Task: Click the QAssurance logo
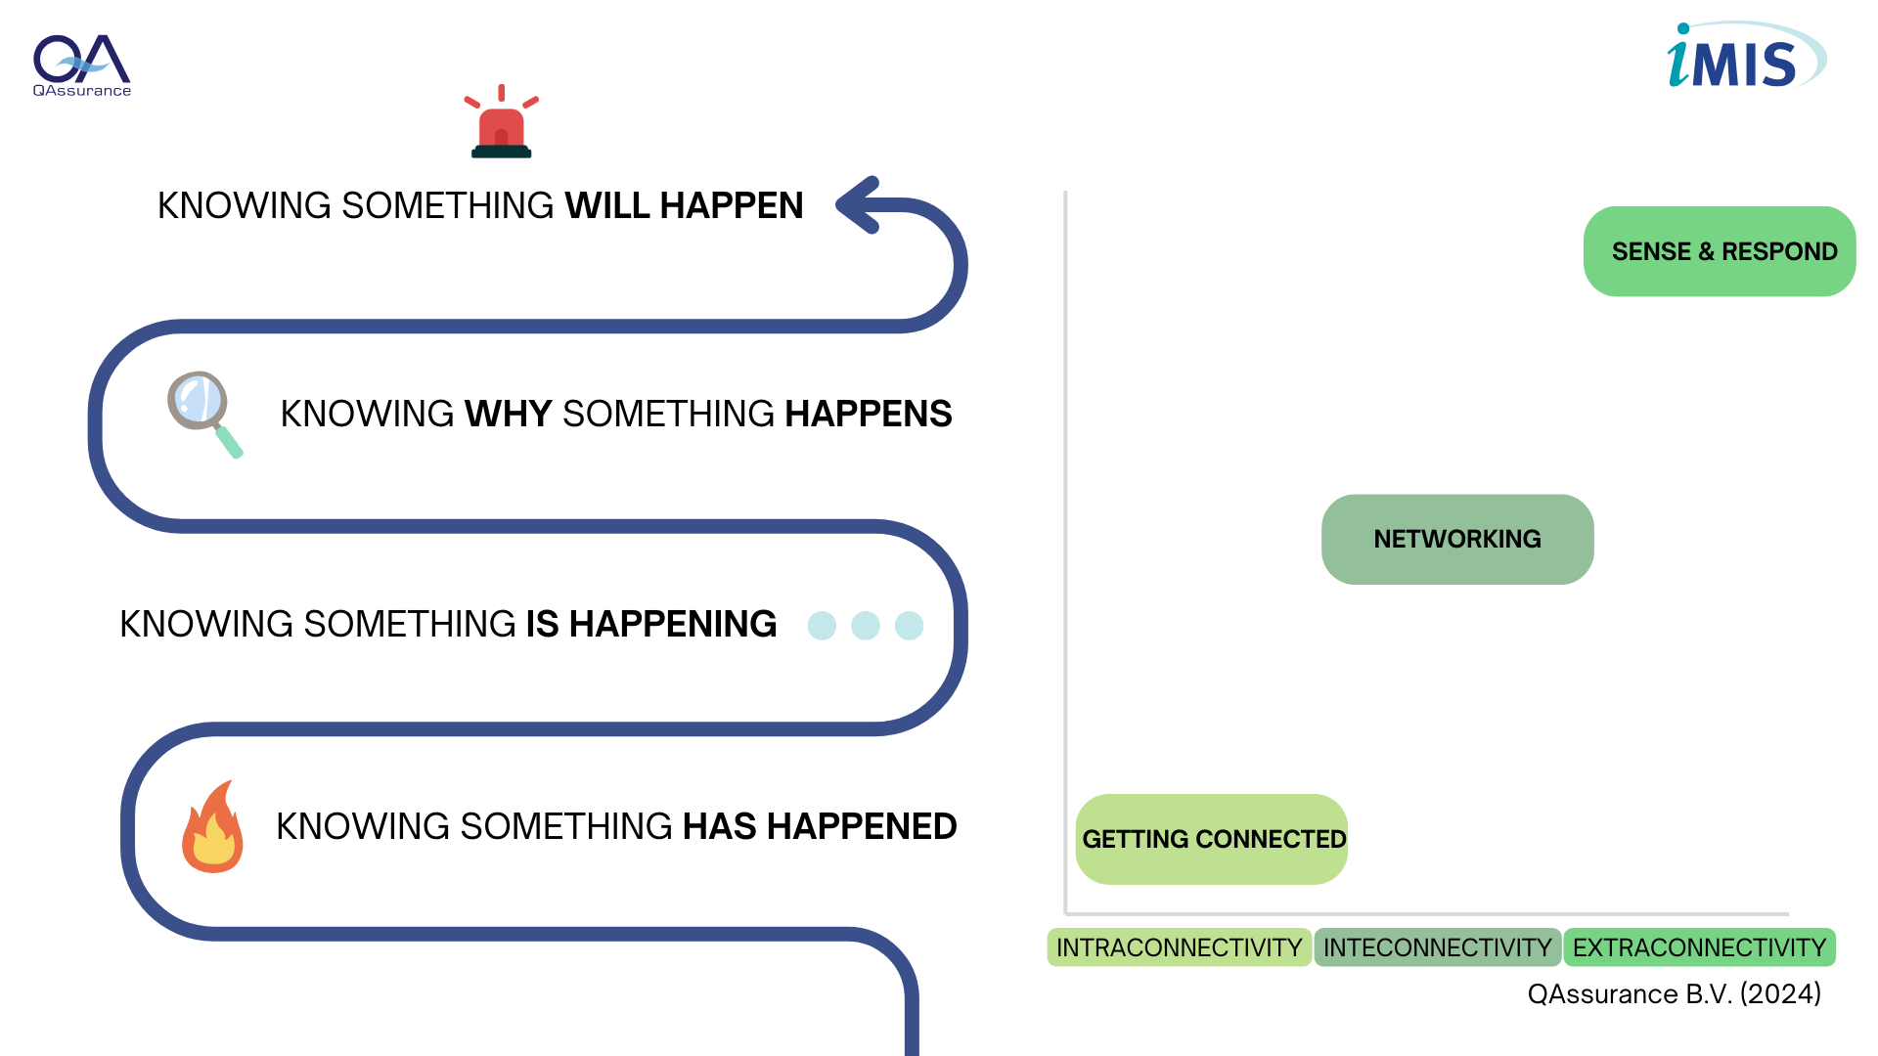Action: (x=82, y=66)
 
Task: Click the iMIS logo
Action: (x=1746, y=56)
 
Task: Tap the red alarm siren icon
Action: (x=502, y=121)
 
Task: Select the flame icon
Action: (x=212, y=826)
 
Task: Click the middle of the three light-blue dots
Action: (x=866, y=626)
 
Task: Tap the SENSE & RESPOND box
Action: (x=1720, y=251)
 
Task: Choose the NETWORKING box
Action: (x=1457, y=539)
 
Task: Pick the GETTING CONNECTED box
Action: (x=1212, y=839)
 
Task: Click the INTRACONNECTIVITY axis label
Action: (x=1179, y=947)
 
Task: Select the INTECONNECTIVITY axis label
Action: (x=1438, y=947)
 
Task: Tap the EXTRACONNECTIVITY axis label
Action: (x=1700, y=947)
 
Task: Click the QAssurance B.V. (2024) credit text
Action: (x=1675, y=994)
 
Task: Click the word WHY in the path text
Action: (x=509, y=415)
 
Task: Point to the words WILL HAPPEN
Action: (x=684, y=206)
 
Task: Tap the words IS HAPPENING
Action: (x=651, y=624)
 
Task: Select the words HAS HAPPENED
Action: (x=820, y=827)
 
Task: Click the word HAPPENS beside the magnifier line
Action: (x=869, y=415)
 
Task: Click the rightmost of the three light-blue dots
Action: (x=910, y=626)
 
